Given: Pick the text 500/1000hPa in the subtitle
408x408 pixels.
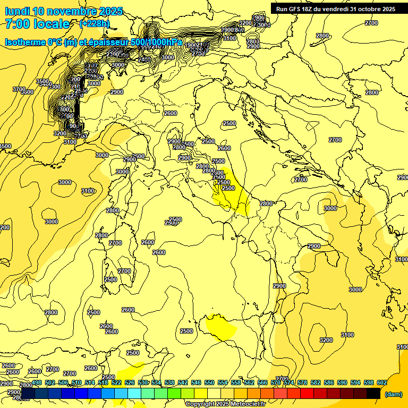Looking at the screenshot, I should [x=156, y=42].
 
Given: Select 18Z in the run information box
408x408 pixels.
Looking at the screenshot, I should [x=309, y=8].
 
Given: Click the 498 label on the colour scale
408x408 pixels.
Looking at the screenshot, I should [x=37, y=382].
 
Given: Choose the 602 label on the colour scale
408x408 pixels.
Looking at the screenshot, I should [x=382, y=382].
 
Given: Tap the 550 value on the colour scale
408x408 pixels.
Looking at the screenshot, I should [x=209, y=382].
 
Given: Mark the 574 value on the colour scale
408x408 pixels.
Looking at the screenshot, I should [x=289, y=382].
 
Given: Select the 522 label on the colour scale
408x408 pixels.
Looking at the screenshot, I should [x=116, y=382].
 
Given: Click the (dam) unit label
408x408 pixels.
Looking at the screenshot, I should [x=393, y=394].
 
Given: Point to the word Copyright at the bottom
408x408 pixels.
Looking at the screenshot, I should [x=199, y=404].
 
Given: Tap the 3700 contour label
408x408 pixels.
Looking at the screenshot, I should [x=19, y=89].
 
